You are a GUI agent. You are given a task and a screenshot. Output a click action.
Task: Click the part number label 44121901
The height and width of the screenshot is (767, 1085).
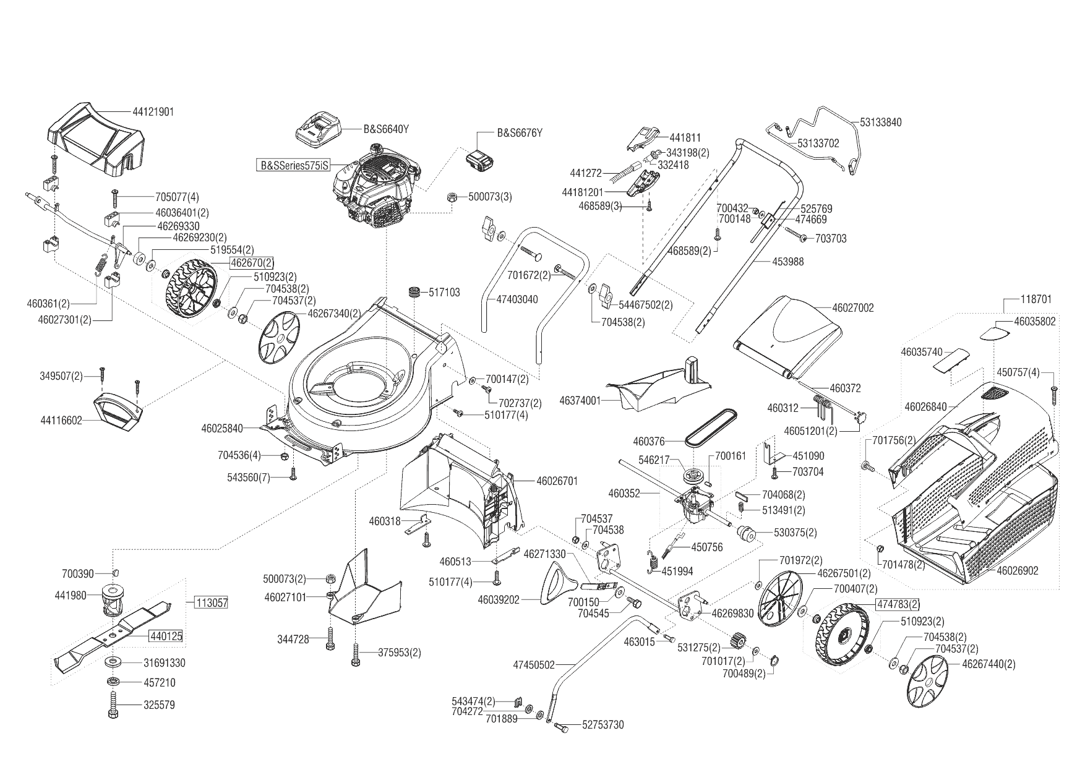pos(153,112)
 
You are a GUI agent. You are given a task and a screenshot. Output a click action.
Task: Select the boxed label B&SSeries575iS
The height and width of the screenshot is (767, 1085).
pos(294,166)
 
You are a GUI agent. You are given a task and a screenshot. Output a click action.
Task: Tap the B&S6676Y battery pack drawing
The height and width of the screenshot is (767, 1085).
pos(479,161)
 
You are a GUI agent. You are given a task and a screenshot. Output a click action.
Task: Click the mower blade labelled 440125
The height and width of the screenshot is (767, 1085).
pos(111,632)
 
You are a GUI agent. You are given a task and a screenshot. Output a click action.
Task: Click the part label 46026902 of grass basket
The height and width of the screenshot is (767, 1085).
pos(1018,571)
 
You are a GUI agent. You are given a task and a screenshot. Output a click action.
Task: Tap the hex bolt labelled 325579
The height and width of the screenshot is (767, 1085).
pos(114,705)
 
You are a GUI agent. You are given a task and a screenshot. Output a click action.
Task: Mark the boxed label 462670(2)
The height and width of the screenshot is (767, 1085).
pos(252,264)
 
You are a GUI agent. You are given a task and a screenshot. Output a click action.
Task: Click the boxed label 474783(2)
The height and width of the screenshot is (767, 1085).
pos(898,604)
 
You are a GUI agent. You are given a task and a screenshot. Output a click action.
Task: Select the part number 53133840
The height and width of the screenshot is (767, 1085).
pos(881,122)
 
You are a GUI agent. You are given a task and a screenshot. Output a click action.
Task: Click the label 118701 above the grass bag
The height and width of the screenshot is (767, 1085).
pos(1036,299)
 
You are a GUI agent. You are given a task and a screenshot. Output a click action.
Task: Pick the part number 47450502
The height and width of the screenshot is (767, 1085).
pos(534,665)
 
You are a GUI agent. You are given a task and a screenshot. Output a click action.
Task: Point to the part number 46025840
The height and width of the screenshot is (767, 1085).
pos(222,427)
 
